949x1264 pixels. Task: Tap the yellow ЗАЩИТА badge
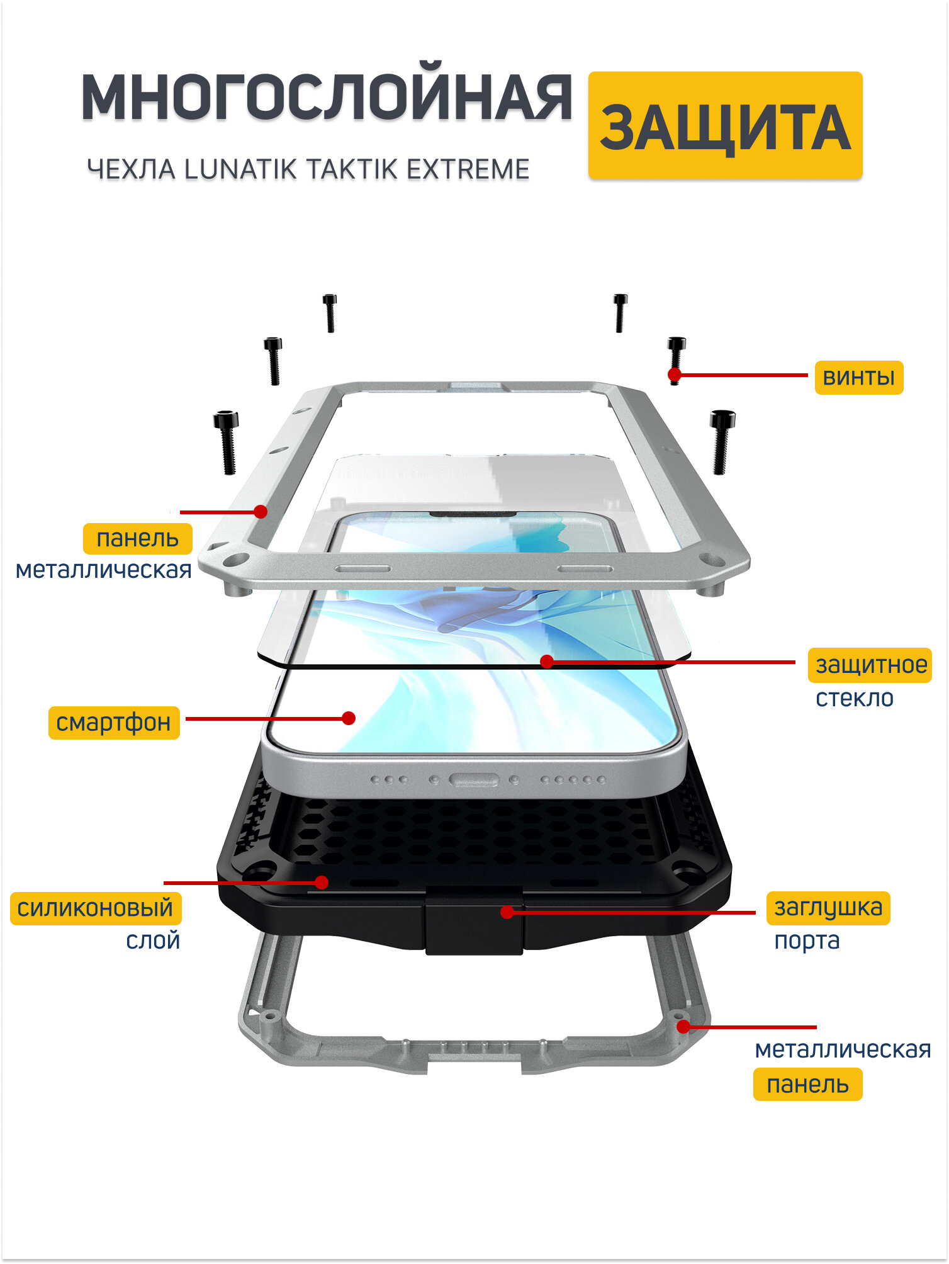725,126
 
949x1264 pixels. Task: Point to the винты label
858,377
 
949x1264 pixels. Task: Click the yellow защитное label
871,665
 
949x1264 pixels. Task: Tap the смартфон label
114,722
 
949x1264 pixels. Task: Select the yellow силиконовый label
96,908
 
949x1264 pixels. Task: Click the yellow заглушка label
828,908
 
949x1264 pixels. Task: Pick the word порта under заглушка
807,941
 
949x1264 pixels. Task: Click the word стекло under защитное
854,698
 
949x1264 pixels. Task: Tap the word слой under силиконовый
153,940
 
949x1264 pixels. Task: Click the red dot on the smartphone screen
349,718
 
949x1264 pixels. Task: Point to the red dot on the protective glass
547,661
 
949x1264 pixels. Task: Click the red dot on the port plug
507,911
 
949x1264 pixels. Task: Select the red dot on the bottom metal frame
683,1027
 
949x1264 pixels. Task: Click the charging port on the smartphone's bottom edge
473,780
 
